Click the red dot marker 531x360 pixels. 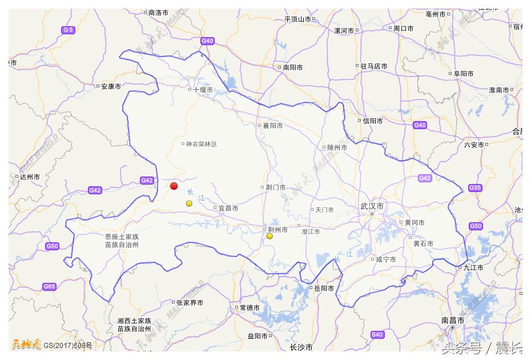point(174,186)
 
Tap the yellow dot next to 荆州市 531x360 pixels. point(269,236)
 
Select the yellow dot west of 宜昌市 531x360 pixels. point(189,203)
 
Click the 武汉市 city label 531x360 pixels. point(372,206)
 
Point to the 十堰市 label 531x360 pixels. point(203,90)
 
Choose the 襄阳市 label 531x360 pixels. point(272,126)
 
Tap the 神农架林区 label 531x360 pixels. point(202,144)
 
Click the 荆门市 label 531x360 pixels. point(275,187)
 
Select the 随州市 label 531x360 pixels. point(337,147)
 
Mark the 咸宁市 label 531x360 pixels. point(385,259)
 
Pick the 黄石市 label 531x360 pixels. point(423,243)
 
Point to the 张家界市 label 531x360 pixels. point(190,303)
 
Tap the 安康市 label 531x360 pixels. point(111,87)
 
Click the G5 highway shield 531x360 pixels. point(69,30)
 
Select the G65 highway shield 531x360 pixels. point(50,286)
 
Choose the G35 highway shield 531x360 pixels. point(475,187)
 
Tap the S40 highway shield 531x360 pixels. point(377,334)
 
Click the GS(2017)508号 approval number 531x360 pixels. point(68,345)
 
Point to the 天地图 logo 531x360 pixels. point(26,345)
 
